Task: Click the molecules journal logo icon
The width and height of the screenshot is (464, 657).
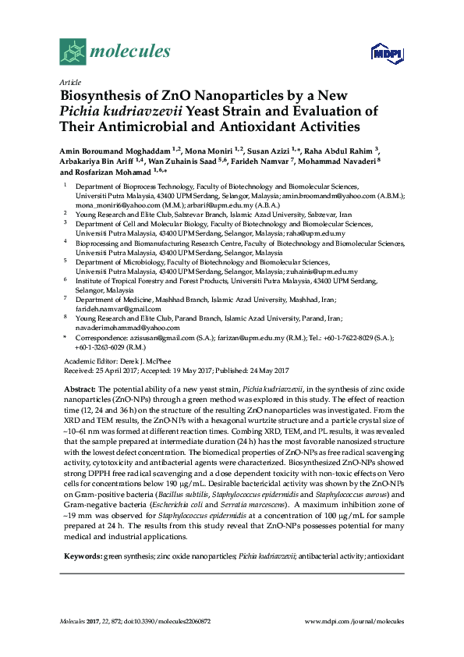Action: point(73,51)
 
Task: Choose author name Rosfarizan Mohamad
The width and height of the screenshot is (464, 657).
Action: point(112,171)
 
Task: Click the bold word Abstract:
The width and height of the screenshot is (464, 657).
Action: point(80,389)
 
